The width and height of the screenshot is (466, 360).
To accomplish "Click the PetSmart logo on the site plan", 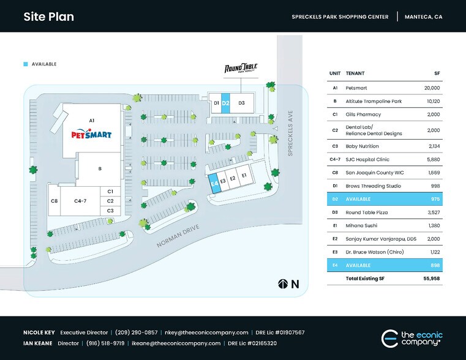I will click(91, 134).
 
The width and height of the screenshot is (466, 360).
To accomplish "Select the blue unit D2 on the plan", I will click(225, 103).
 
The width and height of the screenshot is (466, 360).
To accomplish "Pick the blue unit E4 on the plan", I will click(214, 184).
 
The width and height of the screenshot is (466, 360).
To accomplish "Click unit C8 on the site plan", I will click(54, 200).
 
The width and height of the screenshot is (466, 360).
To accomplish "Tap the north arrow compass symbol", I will click(283, 284).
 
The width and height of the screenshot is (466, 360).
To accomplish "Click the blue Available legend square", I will click(26, 64).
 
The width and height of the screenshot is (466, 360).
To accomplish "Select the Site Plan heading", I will click(49, 17).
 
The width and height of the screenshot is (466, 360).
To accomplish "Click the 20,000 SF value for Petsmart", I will click(432, 88).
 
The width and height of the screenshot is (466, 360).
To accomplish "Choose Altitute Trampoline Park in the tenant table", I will click(374, 101).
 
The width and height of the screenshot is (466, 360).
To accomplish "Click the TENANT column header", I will click(355, 73).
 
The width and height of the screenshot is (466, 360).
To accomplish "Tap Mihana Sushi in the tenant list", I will click(361, 225).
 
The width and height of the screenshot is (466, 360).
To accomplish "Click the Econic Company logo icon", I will click(389, 338).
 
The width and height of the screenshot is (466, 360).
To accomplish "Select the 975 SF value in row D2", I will click(434, 199).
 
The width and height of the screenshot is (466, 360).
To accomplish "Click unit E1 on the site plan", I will click(244, 176).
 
